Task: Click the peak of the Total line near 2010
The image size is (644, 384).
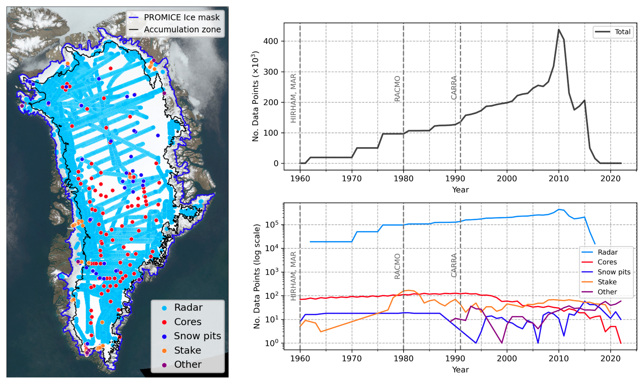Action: click(559, 29)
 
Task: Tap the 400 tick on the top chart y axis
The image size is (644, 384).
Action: click(271, 41)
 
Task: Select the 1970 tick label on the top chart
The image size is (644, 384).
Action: click(352, 179)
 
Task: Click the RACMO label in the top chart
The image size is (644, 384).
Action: click(397, 89)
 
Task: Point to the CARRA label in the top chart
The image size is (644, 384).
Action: click(454, 88)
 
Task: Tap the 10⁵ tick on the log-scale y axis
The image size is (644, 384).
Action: click(272, 225)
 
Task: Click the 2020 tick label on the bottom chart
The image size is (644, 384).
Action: click(610, 359)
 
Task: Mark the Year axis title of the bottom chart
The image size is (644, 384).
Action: click(460, 370)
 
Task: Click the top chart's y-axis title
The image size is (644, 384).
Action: click(256, 96)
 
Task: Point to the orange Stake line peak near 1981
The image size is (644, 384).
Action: click(408, 290)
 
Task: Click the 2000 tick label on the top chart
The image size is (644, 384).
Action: click(507, 179)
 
